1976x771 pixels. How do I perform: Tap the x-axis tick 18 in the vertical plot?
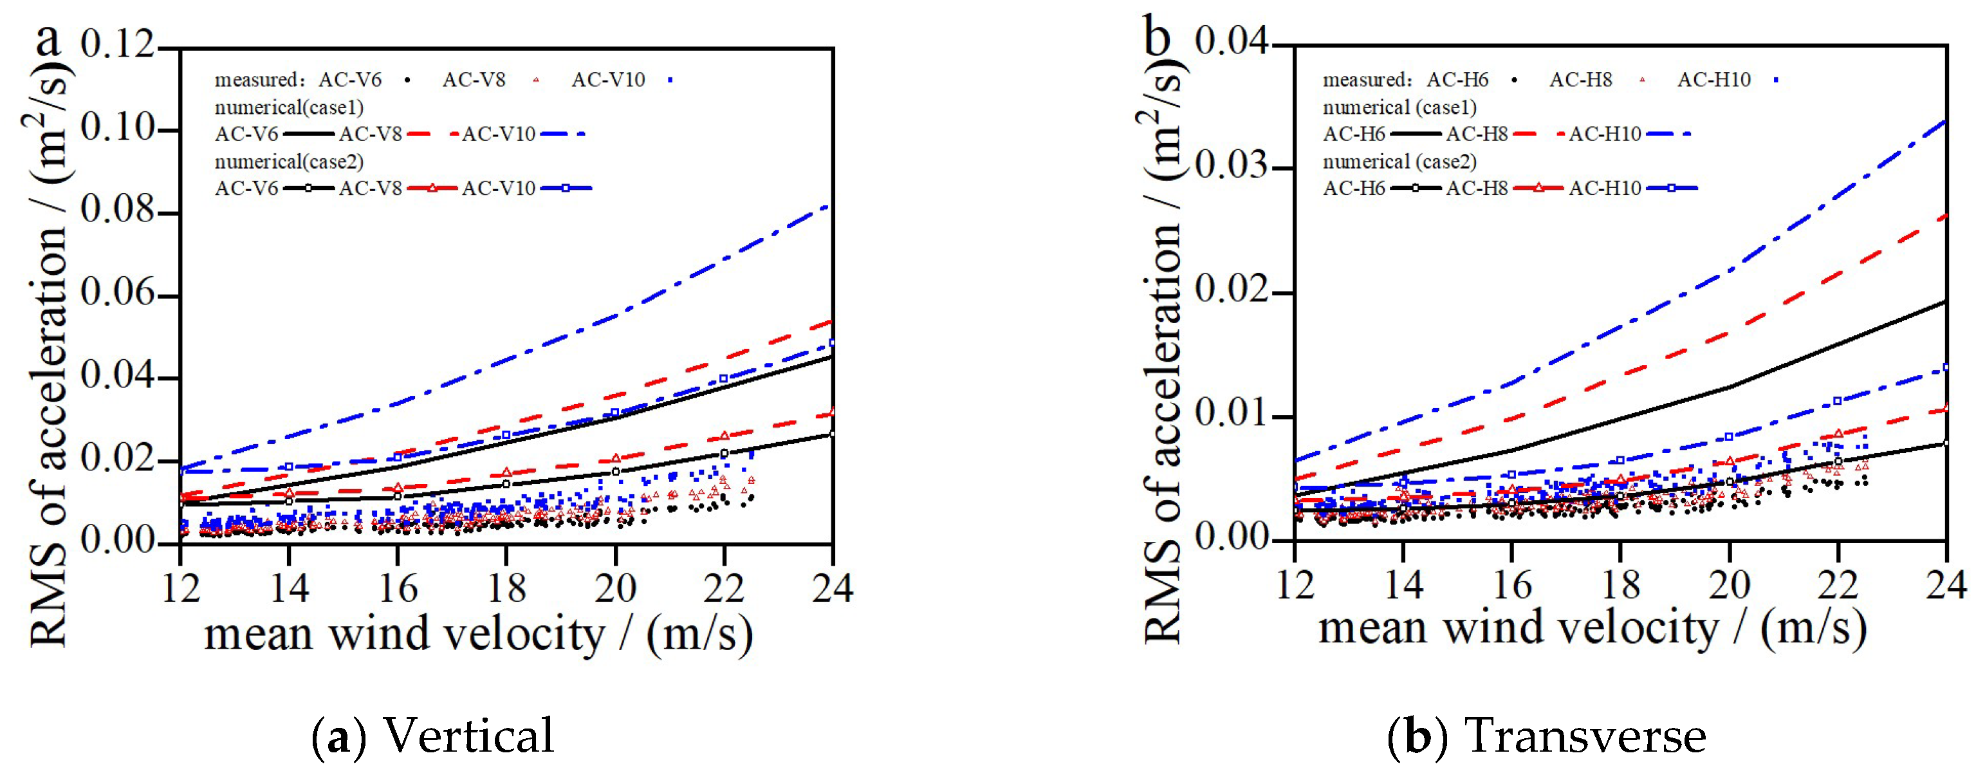(x=506, y=589)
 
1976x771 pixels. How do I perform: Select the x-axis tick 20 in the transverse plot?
(x=1729, y=586)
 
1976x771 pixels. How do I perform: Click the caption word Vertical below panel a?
(x=468, y=735)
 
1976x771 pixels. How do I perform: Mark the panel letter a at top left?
(x=48, y=39)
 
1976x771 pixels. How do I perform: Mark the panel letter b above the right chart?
(x=1157, y=35)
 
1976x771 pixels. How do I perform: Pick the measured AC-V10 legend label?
(x=608, y=80)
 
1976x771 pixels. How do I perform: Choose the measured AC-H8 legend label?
(x=1580, y=80)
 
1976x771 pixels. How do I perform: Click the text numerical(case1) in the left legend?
(x=289, y=107)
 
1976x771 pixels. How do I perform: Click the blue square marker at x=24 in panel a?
(x=832, y=343)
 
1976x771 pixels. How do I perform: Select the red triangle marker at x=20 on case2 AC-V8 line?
(x=615, y=459)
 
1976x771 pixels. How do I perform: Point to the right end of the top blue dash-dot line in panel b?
(x=1945, y=121)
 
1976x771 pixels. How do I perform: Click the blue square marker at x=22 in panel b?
(x=1838, y=401)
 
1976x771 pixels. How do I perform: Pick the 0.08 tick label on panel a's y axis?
(x=117, y=210)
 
